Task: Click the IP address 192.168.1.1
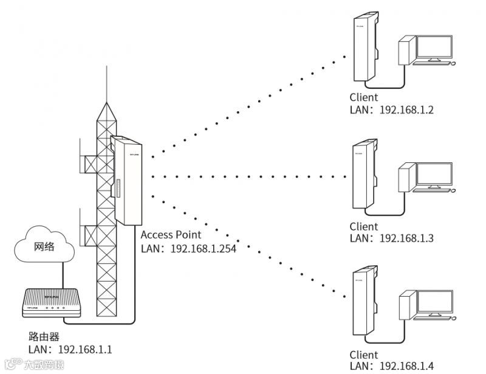pos(85,350)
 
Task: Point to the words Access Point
pos(171,235)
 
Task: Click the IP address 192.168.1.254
pos(204,248)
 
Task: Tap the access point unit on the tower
pos(126,179)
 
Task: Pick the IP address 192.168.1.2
pos(406,110)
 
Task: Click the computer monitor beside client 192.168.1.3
pos(433,176)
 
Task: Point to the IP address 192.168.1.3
pos(406,238)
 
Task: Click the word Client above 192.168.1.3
pos(363,227)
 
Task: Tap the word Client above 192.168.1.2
pos(363,98)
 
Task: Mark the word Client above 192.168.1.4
pos(363,355)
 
